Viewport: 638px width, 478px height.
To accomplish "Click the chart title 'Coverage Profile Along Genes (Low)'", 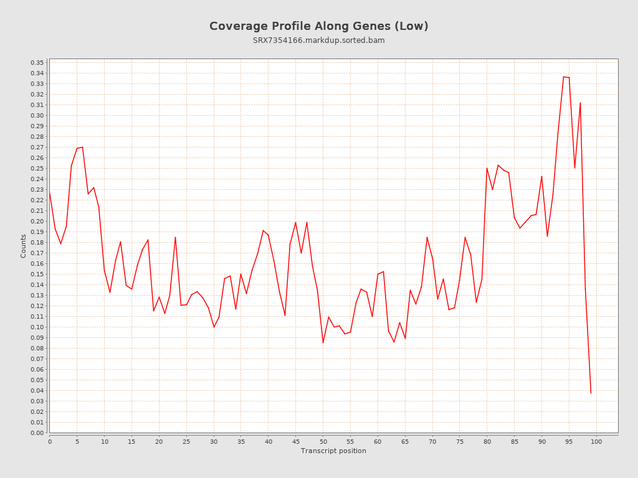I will click(x=319, y=26).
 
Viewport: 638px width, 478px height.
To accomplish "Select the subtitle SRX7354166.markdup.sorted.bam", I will click(x=319, y=40).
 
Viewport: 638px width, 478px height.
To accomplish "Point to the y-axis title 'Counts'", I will click(x=24, y=246).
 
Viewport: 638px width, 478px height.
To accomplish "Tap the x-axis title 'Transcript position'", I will click(x=333, y=451).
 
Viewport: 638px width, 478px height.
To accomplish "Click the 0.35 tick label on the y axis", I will click(x=37, y=63).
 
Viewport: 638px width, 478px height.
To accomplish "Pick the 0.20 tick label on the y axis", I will click(x=37, y=222).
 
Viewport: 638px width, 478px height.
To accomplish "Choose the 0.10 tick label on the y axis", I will click(x=37, y=327).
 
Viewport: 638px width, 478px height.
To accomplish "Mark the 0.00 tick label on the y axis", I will click(x=37, y=433).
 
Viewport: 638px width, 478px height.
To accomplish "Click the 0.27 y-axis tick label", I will click(x=37, y=148).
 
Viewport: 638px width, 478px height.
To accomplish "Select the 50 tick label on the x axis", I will click(x=323, y=442).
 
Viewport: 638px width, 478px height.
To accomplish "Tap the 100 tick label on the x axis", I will click(x=596, y=442).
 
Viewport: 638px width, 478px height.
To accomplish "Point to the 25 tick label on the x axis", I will click(x=186, y=442).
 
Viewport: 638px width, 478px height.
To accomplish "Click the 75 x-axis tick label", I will click(x=460, y=442).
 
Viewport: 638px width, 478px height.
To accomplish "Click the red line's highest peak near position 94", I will click(x=564, y=77).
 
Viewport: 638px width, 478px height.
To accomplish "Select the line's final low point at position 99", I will click(x=591, y=393).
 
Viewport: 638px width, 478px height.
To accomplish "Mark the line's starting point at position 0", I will click(x=50, y=192).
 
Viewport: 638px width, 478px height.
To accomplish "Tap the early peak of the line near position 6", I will click(x=82, y=147).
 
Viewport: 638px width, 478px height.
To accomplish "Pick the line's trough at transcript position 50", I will click(x=323, y=342).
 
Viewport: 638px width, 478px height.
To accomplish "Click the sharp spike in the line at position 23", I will click(x=176, y=237).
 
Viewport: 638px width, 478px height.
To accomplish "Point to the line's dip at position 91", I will click(x=547, y=236).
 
